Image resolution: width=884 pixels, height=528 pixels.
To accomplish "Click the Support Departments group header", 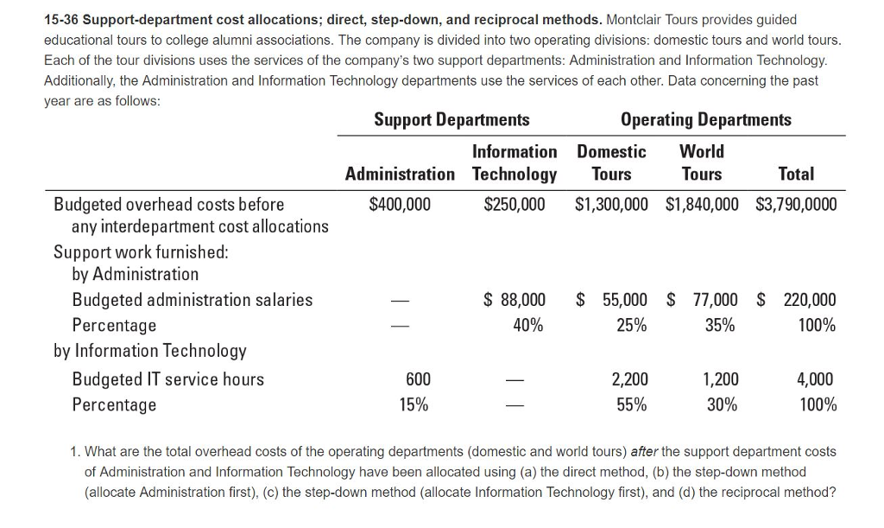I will click(451, 119).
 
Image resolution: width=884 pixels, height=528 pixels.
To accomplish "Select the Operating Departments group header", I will click(705, 119).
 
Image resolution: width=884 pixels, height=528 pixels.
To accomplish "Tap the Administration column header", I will click(400, 174).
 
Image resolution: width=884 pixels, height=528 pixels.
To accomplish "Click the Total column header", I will click(795, 174).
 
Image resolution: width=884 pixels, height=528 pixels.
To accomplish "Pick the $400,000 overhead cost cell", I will click(400, 204).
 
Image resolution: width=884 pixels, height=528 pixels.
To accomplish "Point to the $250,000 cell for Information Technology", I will click(515, 204).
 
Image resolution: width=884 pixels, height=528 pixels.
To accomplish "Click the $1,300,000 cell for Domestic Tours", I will click(611, 204).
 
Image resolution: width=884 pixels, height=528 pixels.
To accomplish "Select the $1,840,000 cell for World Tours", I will click(702, 204).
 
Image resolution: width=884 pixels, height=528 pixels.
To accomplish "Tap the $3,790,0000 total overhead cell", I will click(795, 204).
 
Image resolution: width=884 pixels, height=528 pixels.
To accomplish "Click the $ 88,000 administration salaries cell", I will click(515, 300).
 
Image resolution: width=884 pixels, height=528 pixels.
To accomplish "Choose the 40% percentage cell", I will click(527, 325).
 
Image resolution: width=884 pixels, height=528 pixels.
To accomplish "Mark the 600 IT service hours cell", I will click(418, 379).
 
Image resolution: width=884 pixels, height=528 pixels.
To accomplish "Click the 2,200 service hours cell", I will click(629, 379).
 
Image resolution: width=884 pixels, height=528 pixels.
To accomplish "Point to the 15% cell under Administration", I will click(414, 404).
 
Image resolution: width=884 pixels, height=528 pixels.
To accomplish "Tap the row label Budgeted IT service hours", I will click(167, 379).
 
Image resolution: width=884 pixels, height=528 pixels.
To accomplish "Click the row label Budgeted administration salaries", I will click(192, 300).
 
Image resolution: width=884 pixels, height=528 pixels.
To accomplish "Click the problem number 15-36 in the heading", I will click(63, 19).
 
